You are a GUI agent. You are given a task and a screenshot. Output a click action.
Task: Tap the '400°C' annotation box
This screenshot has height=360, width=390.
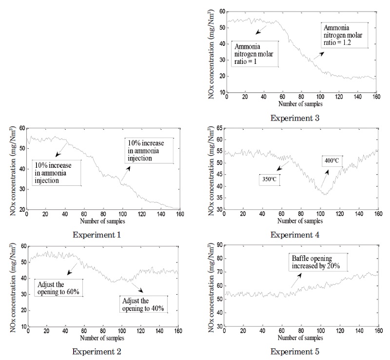tap(332, 160)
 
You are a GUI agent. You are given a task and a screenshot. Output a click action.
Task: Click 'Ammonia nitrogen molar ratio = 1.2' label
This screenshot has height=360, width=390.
tap(344, 35)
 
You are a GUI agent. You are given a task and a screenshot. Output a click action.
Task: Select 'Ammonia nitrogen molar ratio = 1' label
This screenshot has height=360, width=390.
tap(255, 54)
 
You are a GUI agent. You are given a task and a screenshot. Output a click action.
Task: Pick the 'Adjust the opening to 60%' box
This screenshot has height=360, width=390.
tap(59, 288)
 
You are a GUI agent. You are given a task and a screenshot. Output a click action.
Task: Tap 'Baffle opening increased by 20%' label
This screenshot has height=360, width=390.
tap(319, 262)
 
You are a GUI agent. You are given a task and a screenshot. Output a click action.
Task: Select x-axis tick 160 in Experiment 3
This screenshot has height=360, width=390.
tap(375, 97)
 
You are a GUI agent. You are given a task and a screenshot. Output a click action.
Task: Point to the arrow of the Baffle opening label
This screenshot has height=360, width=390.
tap(295, 280)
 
